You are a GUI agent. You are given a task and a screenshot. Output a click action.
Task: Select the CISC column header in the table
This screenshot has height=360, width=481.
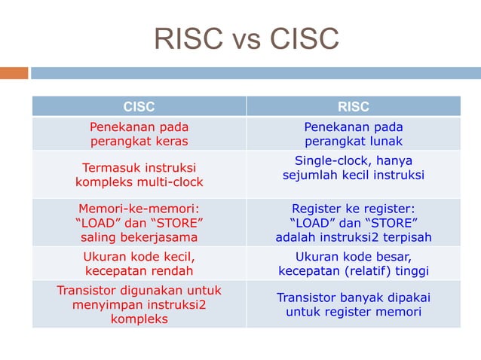pos(139,107)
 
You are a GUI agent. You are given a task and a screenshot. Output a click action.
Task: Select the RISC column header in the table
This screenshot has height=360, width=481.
pos(353,107)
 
